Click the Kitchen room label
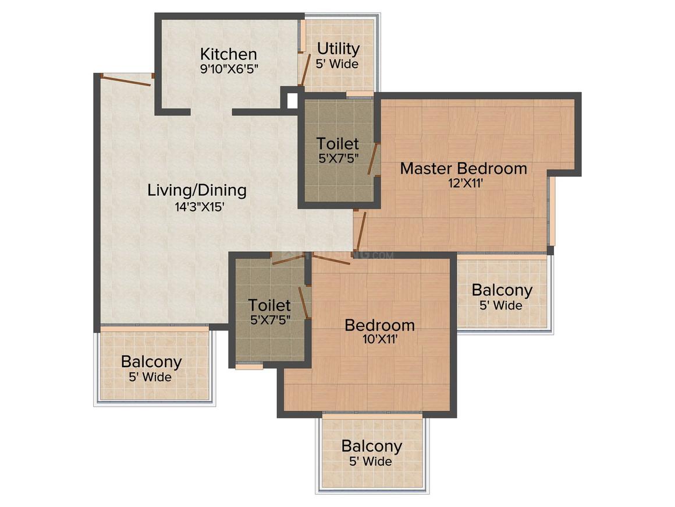[x=229, y=54]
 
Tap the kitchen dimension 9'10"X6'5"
[x=229, y=69]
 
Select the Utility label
[x=338, y=49]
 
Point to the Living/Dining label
[x=197, y=190]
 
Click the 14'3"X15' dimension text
[x=200, y=207]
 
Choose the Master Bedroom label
[x=464, y=168]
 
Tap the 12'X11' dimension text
[x=466, y=184]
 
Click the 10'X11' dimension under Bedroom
[x=379, y=339]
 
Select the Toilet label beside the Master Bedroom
[x=337, y=143]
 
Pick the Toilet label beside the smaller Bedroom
[x=269, y=305]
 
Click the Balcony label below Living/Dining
[x=151, y=362]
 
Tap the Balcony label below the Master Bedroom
[x=502, y=290]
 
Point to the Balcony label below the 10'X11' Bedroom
[x=371, y=446]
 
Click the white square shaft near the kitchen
[x=292, y=100]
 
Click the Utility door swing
[x=305, y=69]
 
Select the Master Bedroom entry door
[x=360, y=231]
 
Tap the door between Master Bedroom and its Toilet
[x=373, y=159]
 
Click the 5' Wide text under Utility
[x=337, y=64]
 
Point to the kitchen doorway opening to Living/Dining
[x=211, y=112]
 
